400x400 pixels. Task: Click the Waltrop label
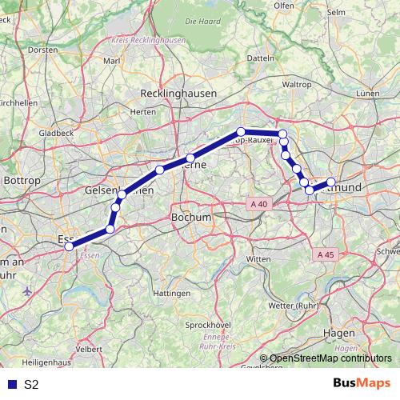click(x=297, y=84)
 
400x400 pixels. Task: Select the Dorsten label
click(x=42, y=50)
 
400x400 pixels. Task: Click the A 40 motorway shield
click(x=258, y=205)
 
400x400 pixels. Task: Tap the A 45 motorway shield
click(x=324, y=254)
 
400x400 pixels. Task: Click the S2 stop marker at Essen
click(x=69, y=246)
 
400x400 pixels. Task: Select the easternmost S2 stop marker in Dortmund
click(x=331, y=182)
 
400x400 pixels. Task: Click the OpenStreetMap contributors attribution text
click(x=330, y=358)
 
